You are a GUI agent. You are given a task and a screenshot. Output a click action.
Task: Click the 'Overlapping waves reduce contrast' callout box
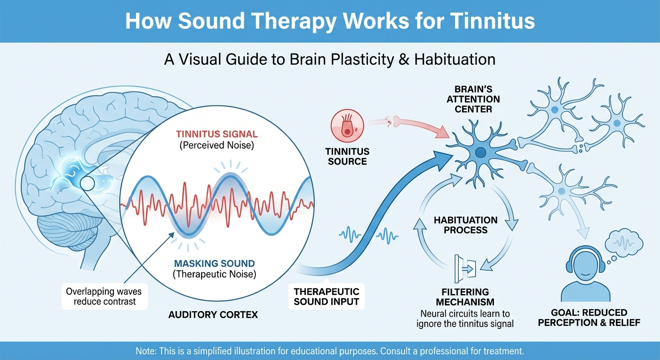105,296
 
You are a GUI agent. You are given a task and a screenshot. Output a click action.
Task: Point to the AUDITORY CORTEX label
213,315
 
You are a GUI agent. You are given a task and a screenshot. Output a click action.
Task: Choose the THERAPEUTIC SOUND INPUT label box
326,296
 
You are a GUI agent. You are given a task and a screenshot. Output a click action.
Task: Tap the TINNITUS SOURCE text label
347,157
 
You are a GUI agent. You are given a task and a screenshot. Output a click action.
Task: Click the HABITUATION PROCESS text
465,225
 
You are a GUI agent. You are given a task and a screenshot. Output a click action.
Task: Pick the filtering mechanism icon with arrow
465,268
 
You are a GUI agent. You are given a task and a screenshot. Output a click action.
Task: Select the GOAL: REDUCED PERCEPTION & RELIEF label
596,317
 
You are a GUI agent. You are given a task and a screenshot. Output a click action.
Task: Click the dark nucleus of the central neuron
480,152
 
